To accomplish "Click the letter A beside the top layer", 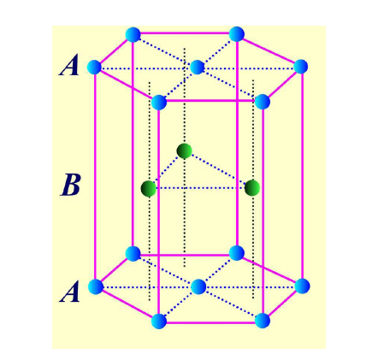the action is point(68,66).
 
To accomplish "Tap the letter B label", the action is point(70,185).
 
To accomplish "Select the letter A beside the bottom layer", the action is point(69,292).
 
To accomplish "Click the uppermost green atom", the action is point(184,150).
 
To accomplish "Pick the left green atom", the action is point(149,188).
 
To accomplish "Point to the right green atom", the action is point(252,188).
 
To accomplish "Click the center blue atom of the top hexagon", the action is point(197,68).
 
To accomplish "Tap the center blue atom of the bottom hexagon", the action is point(198,286).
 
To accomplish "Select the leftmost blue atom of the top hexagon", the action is point(94,68).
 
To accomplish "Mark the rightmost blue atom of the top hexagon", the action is point(300,67).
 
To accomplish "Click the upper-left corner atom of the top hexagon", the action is point(133,35).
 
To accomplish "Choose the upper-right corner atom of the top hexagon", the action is point(237,34).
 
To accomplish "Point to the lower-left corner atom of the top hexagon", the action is point(159,103).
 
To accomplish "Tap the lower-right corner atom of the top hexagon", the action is point(263,102).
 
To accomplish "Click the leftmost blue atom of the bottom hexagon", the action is point(96,286).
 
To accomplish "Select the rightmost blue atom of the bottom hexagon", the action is point(302,286).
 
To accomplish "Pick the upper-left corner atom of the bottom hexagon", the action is point(133,253).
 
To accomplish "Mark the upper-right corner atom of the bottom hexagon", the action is point(237,252).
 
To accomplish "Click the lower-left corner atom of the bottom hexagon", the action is point(159,321).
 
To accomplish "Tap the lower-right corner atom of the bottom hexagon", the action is point(263,321).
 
